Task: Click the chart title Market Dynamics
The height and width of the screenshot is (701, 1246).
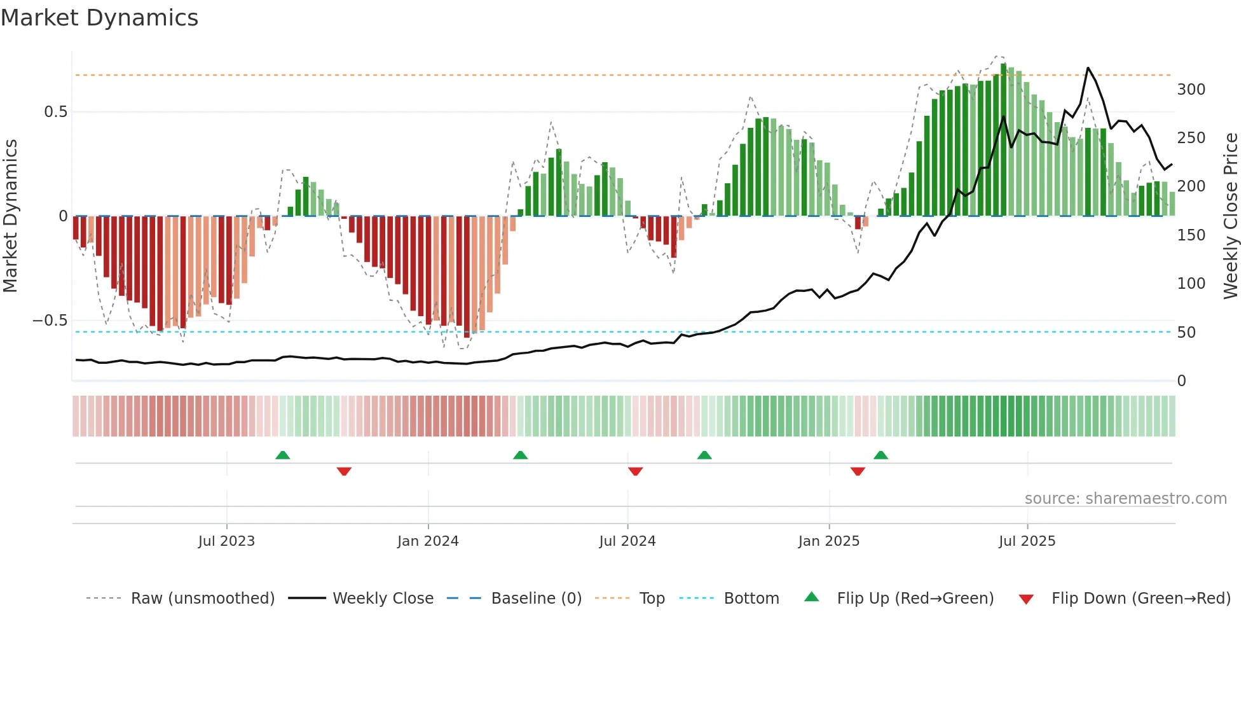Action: tap(100, 18)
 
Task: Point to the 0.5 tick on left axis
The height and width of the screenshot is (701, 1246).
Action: tap(55, 112)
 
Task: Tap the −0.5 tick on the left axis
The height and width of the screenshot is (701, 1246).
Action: tap(50, 321)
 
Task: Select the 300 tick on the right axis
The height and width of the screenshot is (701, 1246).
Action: tap(1191, 90)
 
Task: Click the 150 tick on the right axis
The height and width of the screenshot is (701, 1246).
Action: tap(1191, 235)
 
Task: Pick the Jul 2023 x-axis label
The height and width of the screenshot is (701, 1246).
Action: tap(226, 541)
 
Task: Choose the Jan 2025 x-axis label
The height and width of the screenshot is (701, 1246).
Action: tap(828, 541)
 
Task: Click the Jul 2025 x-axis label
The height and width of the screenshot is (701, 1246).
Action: tap(1027, 541)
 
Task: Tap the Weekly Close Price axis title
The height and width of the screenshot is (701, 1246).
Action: tap(1231, 216)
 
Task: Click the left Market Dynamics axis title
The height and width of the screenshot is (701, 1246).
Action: tap(10, 216)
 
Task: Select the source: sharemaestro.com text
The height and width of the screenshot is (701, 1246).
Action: tap(1125, 499)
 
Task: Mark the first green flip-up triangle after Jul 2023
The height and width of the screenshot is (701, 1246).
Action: tap(283, 455)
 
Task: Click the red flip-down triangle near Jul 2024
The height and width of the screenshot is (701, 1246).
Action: tap(635, 471)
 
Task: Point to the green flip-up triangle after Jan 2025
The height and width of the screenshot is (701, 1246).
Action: tap(880, 455)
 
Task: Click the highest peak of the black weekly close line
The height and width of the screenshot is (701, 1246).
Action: tap(1088, 68)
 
